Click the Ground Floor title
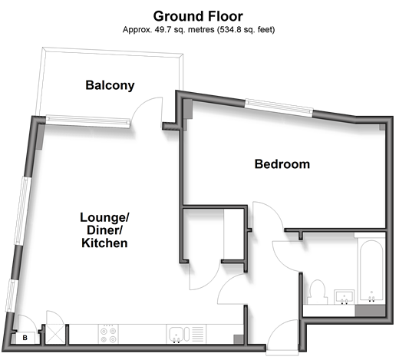198,16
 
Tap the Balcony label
110,85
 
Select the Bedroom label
282,164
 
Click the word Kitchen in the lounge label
104,243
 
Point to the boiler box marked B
25,338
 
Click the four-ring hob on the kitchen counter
108,334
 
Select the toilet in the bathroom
317,292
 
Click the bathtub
371,270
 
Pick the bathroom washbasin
345,297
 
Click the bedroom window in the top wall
279,108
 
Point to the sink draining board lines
198,334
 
